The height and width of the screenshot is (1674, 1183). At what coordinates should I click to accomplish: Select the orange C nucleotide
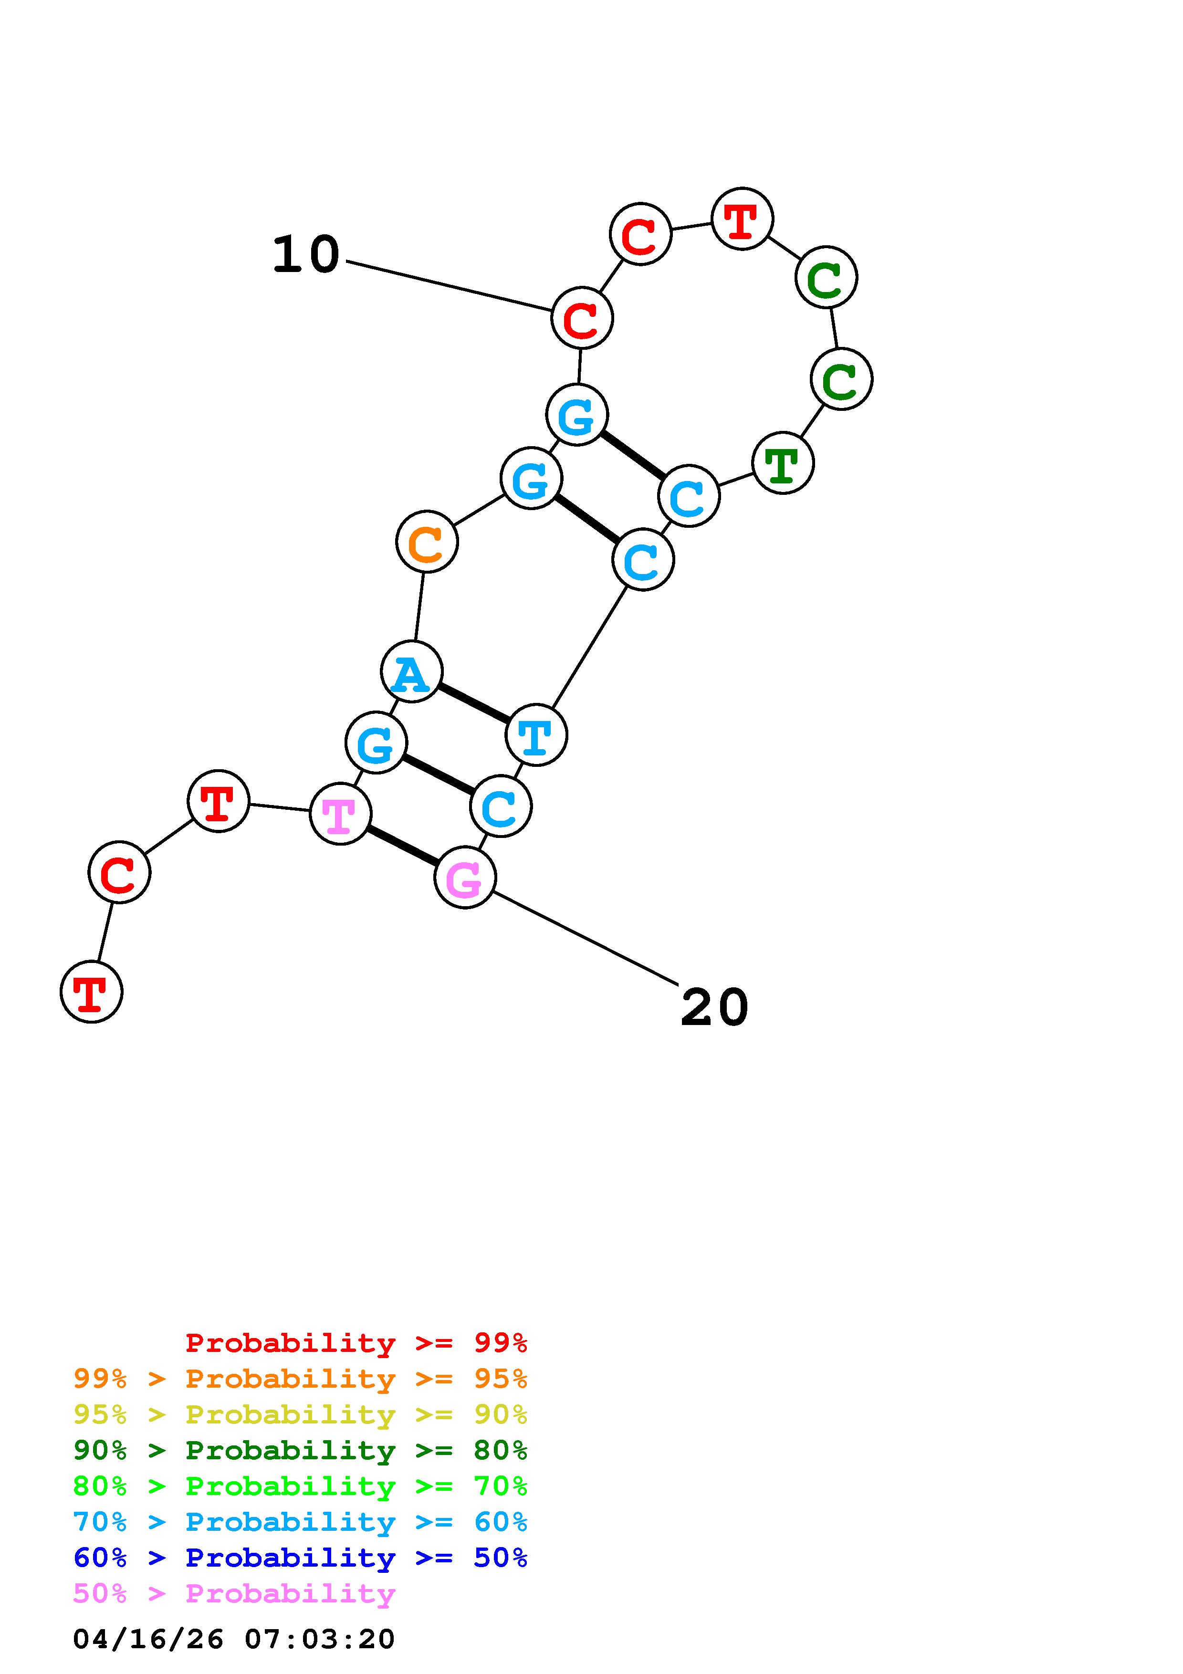point(427,542)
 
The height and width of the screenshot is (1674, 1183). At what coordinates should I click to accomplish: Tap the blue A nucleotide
point(411,671)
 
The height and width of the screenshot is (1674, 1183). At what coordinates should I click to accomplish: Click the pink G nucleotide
point(465,877)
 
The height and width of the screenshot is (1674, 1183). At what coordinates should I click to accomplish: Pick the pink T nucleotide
point(340,814)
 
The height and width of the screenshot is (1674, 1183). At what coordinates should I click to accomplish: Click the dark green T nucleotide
point(782,463)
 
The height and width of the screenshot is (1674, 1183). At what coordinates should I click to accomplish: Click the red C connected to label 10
point(582,318)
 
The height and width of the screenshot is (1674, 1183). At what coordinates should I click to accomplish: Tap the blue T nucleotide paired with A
point(536,735)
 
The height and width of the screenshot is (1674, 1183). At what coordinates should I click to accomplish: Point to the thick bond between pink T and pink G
point(402,845)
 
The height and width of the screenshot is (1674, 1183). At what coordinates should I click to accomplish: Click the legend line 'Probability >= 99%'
point(356,1343)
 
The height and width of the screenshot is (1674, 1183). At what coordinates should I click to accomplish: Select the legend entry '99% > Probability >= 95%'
point(300,1379)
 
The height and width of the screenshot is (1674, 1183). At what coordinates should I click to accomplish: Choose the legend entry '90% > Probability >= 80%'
point(300,1450)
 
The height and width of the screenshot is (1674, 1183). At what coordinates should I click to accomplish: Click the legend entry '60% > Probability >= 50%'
point(300,1558)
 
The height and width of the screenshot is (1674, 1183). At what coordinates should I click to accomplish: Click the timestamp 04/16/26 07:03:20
point(234,1639)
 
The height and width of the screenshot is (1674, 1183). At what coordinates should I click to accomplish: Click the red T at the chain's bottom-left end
point(91,992)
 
